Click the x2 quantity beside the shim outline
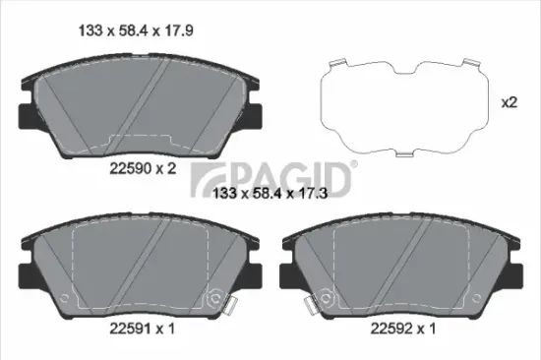pos(510,102)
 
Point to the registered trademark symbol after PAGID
pos(354,166)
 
